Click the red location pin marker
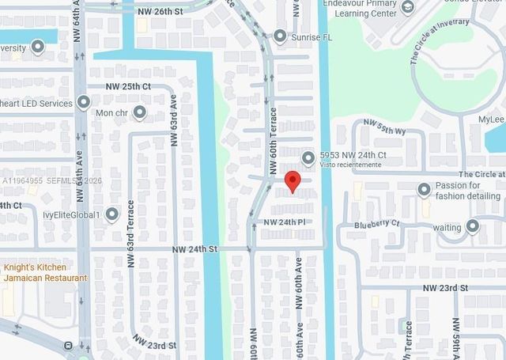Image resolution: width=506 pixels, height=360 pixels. tap(292, 181)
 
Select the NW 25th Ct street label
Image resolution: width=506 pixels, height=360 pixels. tap(129, 85)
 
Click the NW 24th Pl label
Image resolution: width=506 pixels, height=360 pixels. tap(285, 222)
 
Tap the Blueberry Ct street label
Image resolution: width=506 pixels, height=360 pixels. tap(378, 224)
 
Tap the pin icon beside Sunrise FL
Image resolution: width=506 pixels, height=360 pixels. tap(279, 36)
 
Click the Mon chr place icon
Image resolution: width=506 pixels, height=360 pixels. tap(140, 112)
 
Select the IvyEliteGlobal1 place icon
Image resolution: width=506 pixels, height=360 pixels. tap(111, 214)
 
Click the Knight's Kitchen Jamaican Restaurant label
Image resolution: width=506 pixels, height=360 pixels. tap(45, 273)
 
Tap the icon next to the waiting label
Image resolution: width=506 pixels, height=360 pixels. tap(473, 227)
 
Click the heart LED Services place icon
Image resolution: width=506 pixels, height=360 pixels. tap(83, 103)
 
